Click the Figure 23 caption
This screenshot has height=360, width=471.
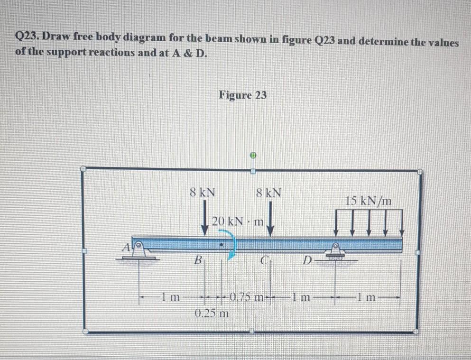coord(242,95)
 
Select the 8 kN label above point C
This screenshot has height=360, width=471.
coord(268,193)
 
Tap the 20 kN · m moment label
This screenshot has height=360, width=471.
coord(238,221)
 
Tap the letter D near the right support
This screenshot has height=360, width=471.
coord(308,260)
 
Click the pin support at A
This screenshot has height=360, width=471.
coord(138,249)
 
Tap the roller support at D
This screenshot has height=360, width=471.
coord(335,251)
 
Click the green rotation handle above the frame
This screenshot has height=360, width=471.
coord(253,155)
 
